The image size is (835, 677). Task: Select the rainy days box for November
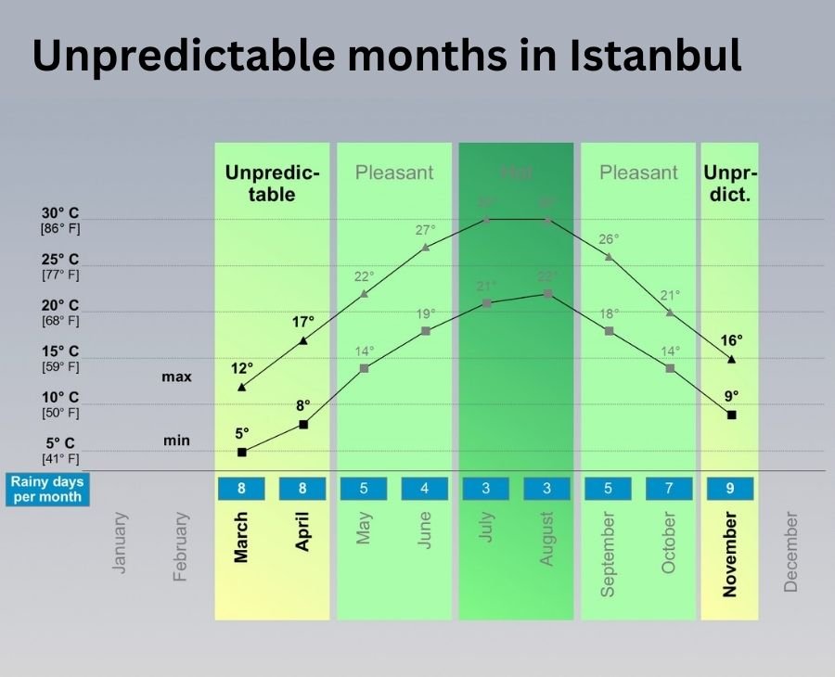coord(730,489)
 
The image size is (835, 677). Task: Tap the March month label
coord(241,537)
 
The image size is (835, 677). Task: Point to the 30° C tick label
coord(60,213)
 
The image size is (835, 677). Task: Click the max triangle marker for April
coord(303,341)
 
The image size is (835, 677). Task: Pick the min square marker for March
coord(242,452)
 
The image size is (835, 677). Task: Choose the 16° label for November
coord(732,340)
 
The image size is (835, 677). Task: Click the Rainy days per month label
coord(46,489)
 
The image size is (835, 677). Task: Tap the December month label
coord(790,551)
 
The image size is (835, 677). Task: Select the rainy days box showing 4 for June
coord(425,489)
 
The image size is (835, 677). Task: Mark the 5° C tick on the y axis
coord(60,443)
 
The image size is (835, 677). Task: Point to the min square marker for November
coord(731,415)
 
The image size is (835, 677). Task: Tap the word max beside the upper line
coord(176,377)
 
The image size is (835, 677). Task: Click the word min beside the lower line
coord(176,441)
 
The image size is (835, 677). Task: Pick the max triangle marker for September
coord(609,257)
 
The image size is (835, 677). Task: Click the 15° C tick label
coord(60,351)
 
